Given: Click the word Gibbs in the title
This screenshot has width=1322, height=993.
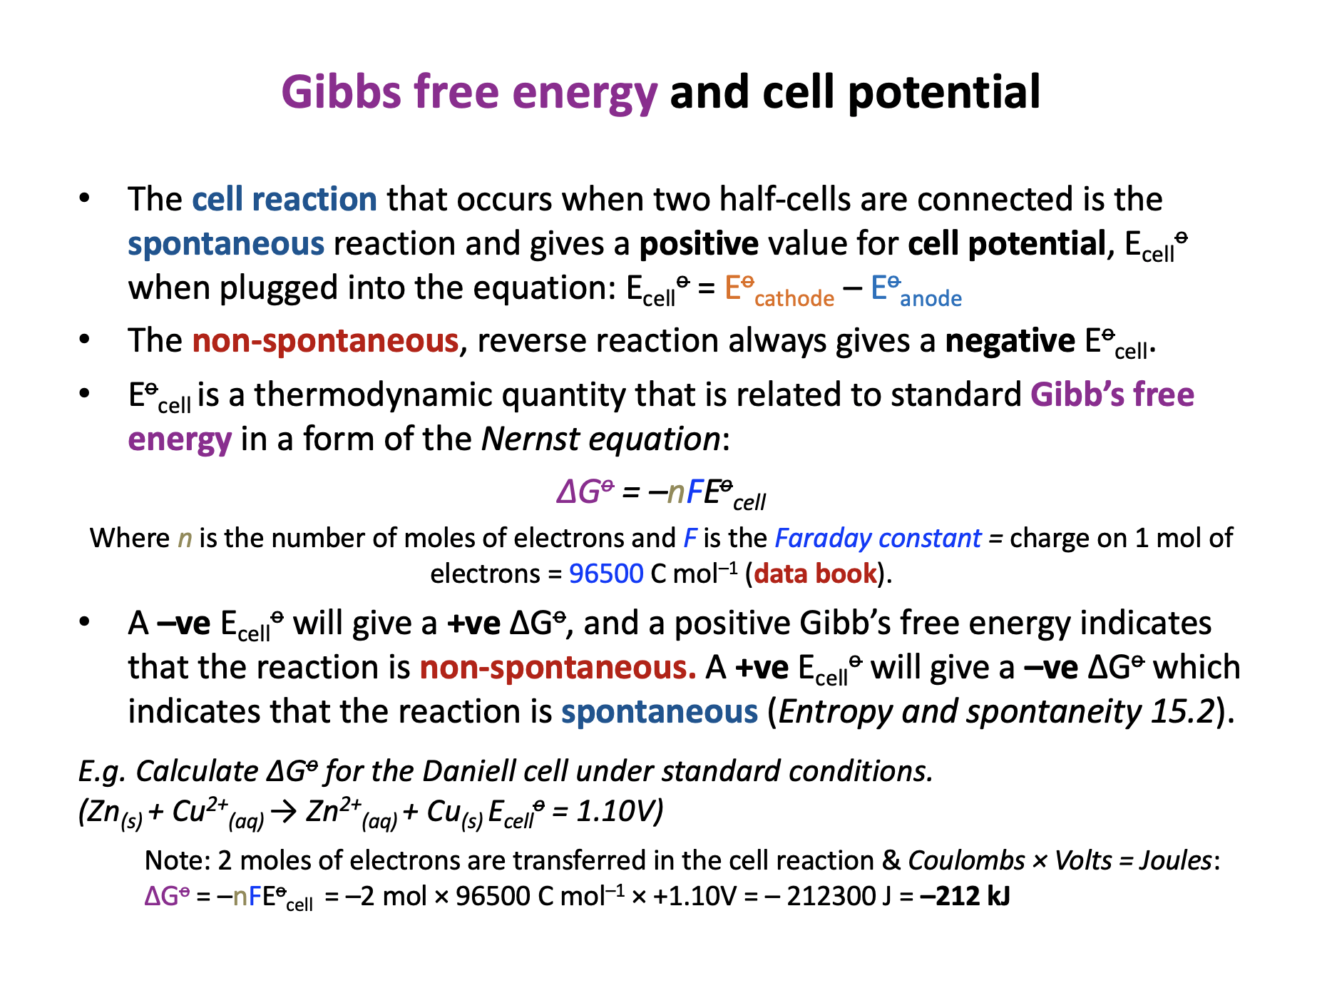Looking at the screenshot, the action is click(x=342, y=93).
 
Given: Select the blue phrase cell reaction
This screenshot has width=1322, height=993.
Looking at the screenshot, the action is click(x=285, y=199).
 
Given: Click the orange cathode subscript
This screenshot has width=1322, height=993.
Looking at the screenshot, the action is click(x=794, y=298).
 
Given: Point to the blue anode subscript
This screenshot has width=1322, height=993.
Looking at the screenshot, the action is click(x=931, y=298).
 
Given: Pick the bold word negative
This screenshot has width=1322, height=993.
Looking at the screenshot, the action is click(x=1010, y=341).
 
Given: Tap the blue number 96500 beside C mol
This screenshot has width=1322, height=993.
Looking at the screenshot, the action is click(x=606, y=574).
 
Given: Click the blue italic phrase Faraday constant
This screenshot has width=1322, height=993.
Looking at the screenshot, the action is click(x=878, y=538).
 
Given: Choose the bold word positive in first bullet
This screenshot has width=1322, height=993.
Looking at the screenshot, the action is click(x=699, y=244).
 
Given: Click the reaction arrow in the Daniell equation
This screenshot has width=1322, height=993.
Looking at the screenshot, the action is click(x=284, y=813).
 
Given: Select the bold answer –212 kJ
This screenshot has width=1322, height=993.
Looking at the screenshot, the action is click(x=965, y=896).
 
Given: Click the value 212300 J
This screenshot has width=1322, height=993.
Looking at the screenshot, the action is click(x=829, y=896).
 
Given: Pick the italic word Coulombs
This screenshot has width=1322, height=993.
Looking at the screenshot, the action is click(x=966, y=860).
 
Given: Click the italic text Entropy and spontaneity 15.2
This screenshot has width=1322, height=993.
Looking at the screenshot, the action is click(x=996, y=712).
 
